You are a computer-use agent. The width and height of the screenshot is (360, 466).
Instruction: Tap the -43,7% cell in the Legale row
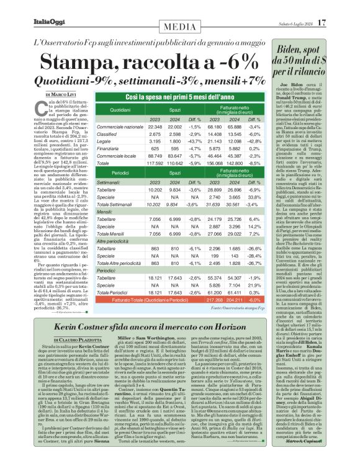tap(196, 141)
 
